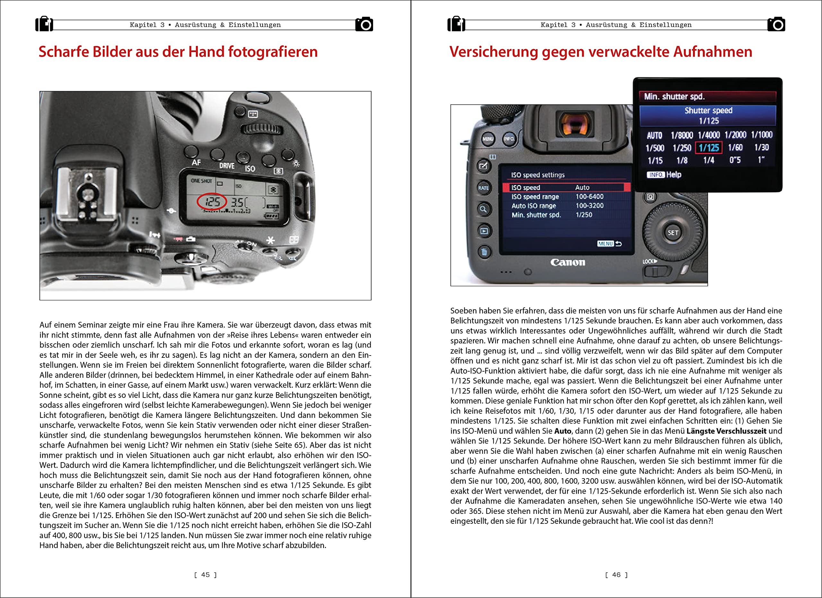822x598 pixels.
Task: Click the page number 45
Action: [205, 575]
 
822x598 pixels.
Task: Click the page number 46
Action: [616, 575]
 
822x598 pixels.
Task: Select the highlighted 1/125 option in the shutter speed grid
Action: [709, 148]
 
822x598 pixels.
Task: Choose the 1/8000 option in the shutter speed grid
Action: [681, 135]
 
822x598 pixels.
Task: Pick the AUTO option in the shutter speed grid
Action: [655, 136]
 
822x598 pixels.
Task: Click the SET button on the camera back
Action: [673, 233]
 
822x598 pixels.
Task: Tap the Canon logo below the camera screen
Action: [568, 262]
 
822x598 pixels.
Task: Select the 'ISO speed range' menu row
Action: [535, 197]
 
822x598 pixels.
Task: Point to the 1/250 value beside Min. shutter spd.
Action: [584, 215]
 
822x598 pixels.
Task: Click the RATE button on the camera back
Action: [484, 188]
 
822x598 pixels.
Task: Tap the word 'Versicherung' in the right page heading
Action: [493, 52]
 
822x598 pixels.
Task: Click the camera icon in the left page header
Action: [364, 24]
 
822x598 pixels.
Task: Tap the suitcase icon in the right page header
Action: [456, 24]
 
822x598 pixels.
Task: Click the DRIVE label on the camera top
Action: [226, 166]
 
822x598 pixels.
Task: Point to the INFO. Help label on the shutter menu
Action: [664, 175]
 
